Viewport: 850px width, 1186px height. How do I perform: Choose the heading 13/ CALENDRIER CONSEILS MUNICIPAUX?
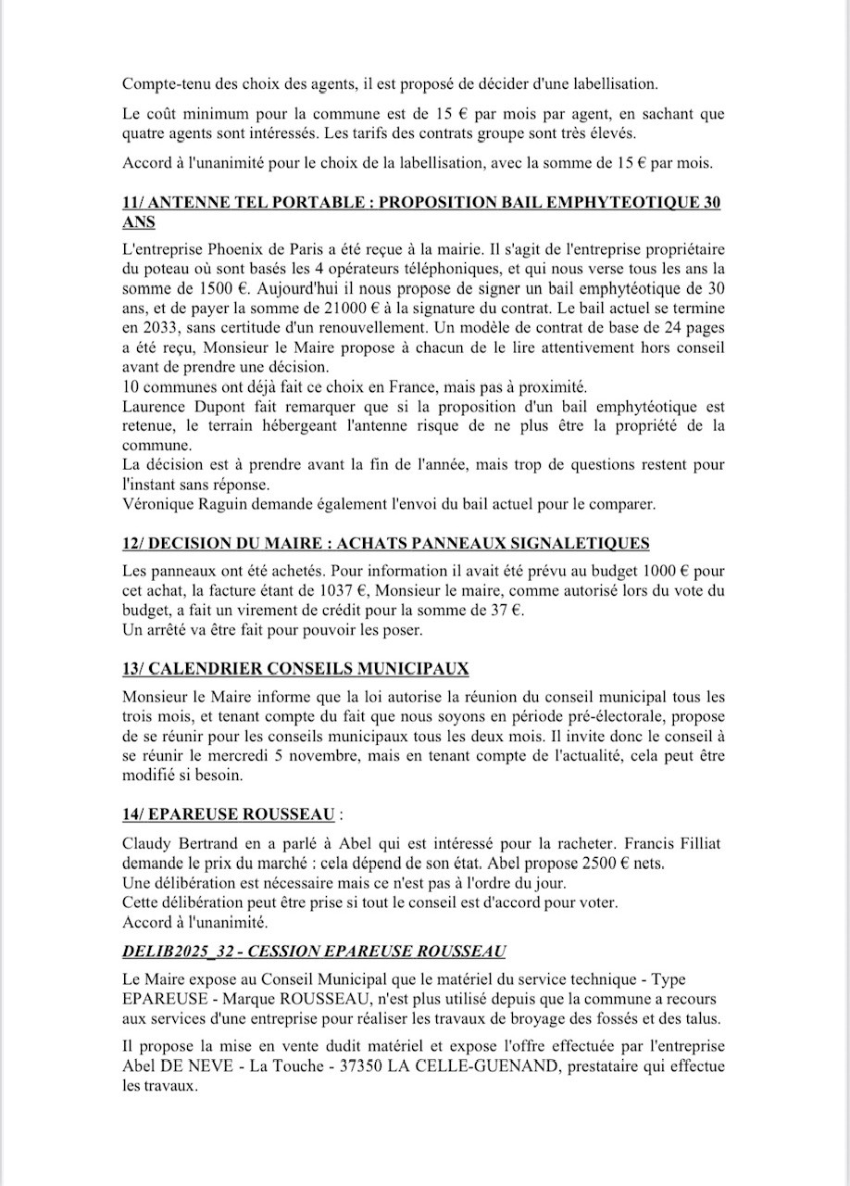(295, 668)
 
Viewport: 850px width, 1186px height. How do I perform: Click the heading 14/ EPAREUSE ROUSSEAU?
(228, 814)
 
